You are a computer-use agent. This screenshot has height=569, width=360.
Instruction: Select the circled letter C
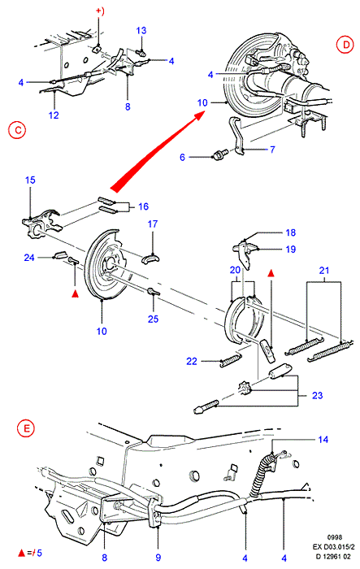pyautogui.click(x=17, y=129)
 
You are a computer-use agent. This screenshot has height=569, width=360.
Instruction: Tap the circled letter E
pyautogui.click(x=26, y=428)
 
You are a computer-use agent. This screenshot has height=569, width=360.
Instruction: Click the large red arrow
pyautogui.click(x=158, y=151)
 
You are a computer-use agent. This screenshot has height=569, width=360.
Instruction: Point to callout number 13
pyautogui.click(x=141, y=31)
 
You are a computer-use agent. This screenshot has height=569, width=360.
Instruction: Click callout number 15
pyautogui.click(x=30, y=180)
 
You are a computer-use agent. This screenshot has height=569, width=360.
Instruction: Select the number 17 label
pyautogui.click(x=153, y=224)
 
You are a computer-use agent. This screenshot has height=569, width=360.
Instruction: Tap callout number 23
pyautogui.click(x=317, y=395)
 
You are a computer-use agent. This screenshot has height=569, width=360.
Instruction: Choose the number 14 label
pyautogui.click(x=323, y=440)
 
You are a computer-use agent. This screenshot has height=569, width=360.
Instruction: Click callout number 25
pyautogui.click(x=153, y=319)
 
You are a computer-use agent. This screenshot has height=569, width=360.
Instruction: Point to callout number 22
pyautogui.click(x=192, y=361)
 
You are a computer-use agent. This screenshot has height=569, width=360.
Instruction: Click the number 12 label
pyautogui.click(x=54, y=115)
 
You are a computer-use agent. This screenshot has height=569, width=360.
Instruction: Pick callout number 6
pyautogui.click(x=182, y=157)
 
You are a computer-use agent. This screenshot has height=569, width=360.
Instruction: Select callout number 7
pyautogui.click(x=272, y=149)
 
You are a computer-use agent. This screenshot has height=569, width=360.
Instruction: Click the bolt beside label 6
pyautogui.click(x=219, y=155)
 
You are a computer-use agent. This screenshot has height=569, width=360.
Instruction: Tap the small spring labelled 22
pyautogui.click(x=230, y=360)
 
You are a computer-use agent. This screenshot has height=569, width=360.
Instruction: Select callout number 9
pyautogui.click(x=158, y=558)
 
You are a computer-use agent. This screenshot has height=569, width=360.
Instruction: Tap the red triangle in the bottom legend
pyautogui.click(x=21, y=553)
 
